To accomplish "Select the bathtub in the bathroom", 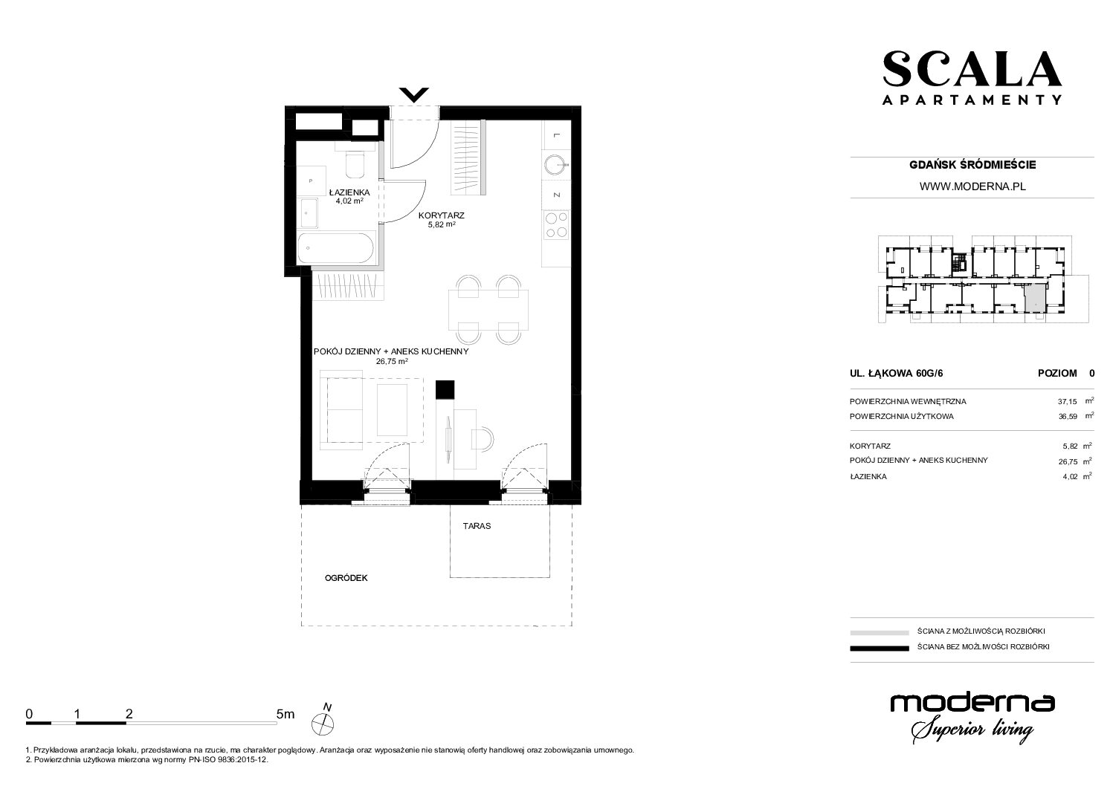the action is (x=336, y=247).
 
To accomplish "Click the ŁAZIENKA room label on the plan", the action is (x=349, y=192).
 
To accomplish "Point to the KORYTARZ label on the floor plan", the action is (x=441, y=215).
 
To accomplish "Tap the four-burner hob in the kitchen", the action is (x=556, y=225).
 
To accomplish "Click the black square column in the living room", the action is (x=445, y=389).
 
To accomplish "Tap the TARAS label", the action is (x=477, y=526).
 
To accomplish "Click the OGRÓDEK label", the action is (x=346, y=578).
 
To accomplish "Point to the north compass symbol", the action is (x=323, y=719).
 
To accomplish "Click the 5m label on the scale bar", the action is (x=285, y=714).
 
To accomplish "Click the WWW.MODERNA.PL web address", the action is (x=972, y=186).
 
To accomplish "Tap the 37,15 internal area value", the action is (x=1068, y=402).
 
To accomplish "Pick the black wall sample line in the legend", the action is (x=880, y=649).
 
